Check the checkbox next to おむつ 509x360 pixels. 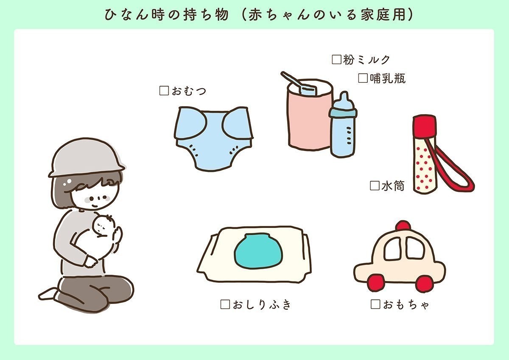[164, 91]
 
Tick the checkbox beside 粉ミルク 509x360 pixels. [336, 60]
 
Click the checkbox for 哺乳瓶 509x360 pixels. [363, 78]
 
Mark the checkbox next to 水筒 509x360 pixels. [374, 186]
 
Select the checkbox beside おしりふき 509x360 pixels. [225, 304]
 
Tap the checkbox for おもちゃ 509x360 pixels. [375, 304]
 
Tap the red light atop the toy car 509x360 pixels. [403, 225]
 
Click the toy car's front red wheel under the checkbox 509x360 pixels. [375, 283]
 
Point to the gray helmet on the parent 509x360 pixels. [85, 157]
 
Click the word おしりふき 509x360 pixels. [261, 305]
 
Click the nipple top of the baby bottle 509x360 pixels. [343, 98]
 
